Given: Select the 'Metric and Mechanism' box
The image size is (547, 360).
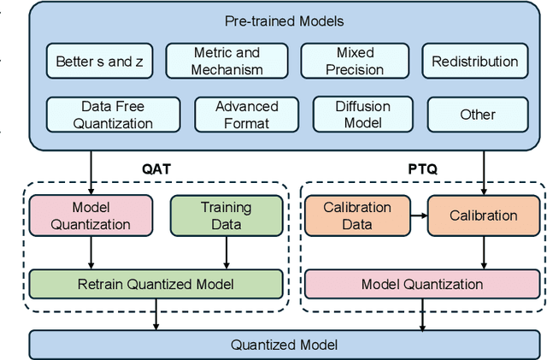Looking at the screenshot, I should click(226, 62).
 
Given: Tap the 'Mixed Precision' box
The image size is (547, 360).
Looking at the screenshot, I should click(354, 62).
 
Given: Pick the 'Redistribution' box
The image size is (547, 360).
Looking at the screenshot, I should click(474, 62).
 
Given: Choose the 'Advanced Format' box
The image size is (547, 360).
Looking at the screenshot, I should click(246, 115).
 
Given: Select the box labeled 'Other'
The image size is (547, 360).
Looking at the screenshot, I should click(477, 115).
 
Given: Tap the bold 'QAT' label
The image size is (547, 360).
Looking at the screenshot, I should click(157, 168).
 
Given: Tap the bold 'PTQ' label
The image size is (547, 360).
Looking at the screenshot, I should click(422, 168).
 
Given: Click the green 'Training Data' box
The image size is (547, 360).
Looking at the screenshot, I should click(226, 215).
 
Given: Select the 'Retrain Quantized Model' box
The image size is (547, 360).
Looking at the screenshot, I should click(156, 284).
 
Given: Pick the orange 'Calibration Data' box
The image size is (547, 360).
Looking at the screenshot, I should click(357, 215).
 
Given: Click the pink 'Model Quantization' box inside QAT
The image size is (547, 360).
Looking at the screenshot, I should click(91, 215).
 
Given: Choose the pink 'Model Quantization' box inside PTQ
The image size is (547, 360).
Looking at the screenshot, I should click(422, 284).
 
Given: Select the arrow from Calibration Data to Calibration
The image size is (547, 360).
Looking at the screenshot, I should click(418, 215).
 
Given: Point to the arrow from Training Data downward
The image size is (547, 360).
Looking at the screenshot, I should click(226, 252).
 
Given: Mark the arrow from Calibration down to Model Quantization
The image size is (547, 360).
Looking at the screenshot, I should click(484, 252).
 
